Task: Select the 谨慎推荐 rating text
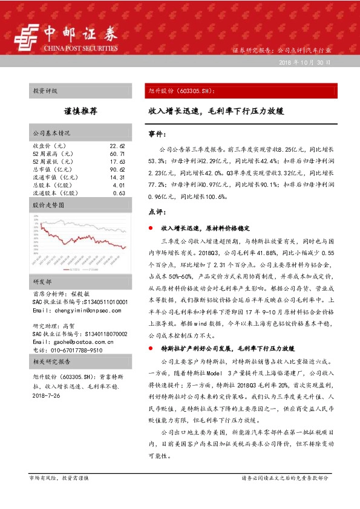(80, 112)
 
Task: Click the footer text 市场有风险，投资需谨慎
(59, 478)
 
